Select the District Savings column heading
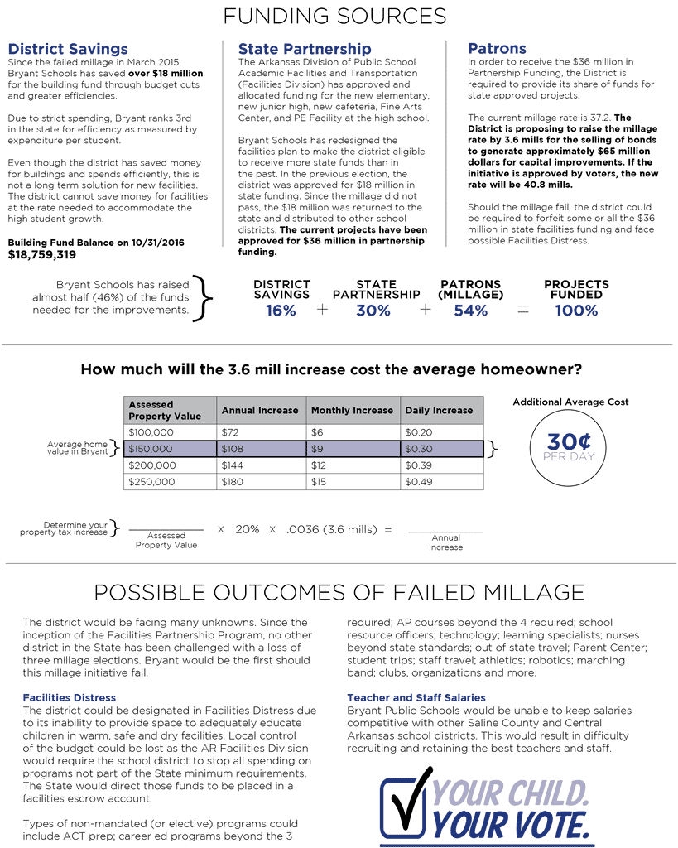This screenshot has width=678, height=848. [68, 50]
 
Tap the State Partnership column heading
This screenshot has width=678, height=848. [305, 50]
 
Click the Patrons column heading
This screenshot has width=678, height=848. [497, 49]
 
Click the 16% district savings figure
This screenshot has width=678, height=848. [281, 311]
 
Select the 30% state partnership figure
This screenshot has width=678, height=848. [373, 311]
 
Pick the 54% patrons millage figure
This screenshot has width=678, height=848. [470, 311]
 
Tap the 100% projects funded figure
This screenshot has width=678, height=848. [576, 311]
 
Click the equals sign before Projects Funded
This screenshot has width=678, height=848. [523, 310]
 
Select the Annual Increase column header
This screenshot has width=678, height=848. [260, 410]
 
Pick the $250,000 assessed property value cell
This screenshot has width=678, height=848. [152, 481]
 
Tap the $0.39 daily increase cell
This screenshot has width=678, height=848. [419, 465]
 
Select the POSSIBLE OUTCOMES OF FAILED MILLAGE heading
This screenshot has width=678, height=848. [339, 592]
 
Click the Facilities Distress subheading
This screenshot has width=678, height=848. [70, 698]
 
